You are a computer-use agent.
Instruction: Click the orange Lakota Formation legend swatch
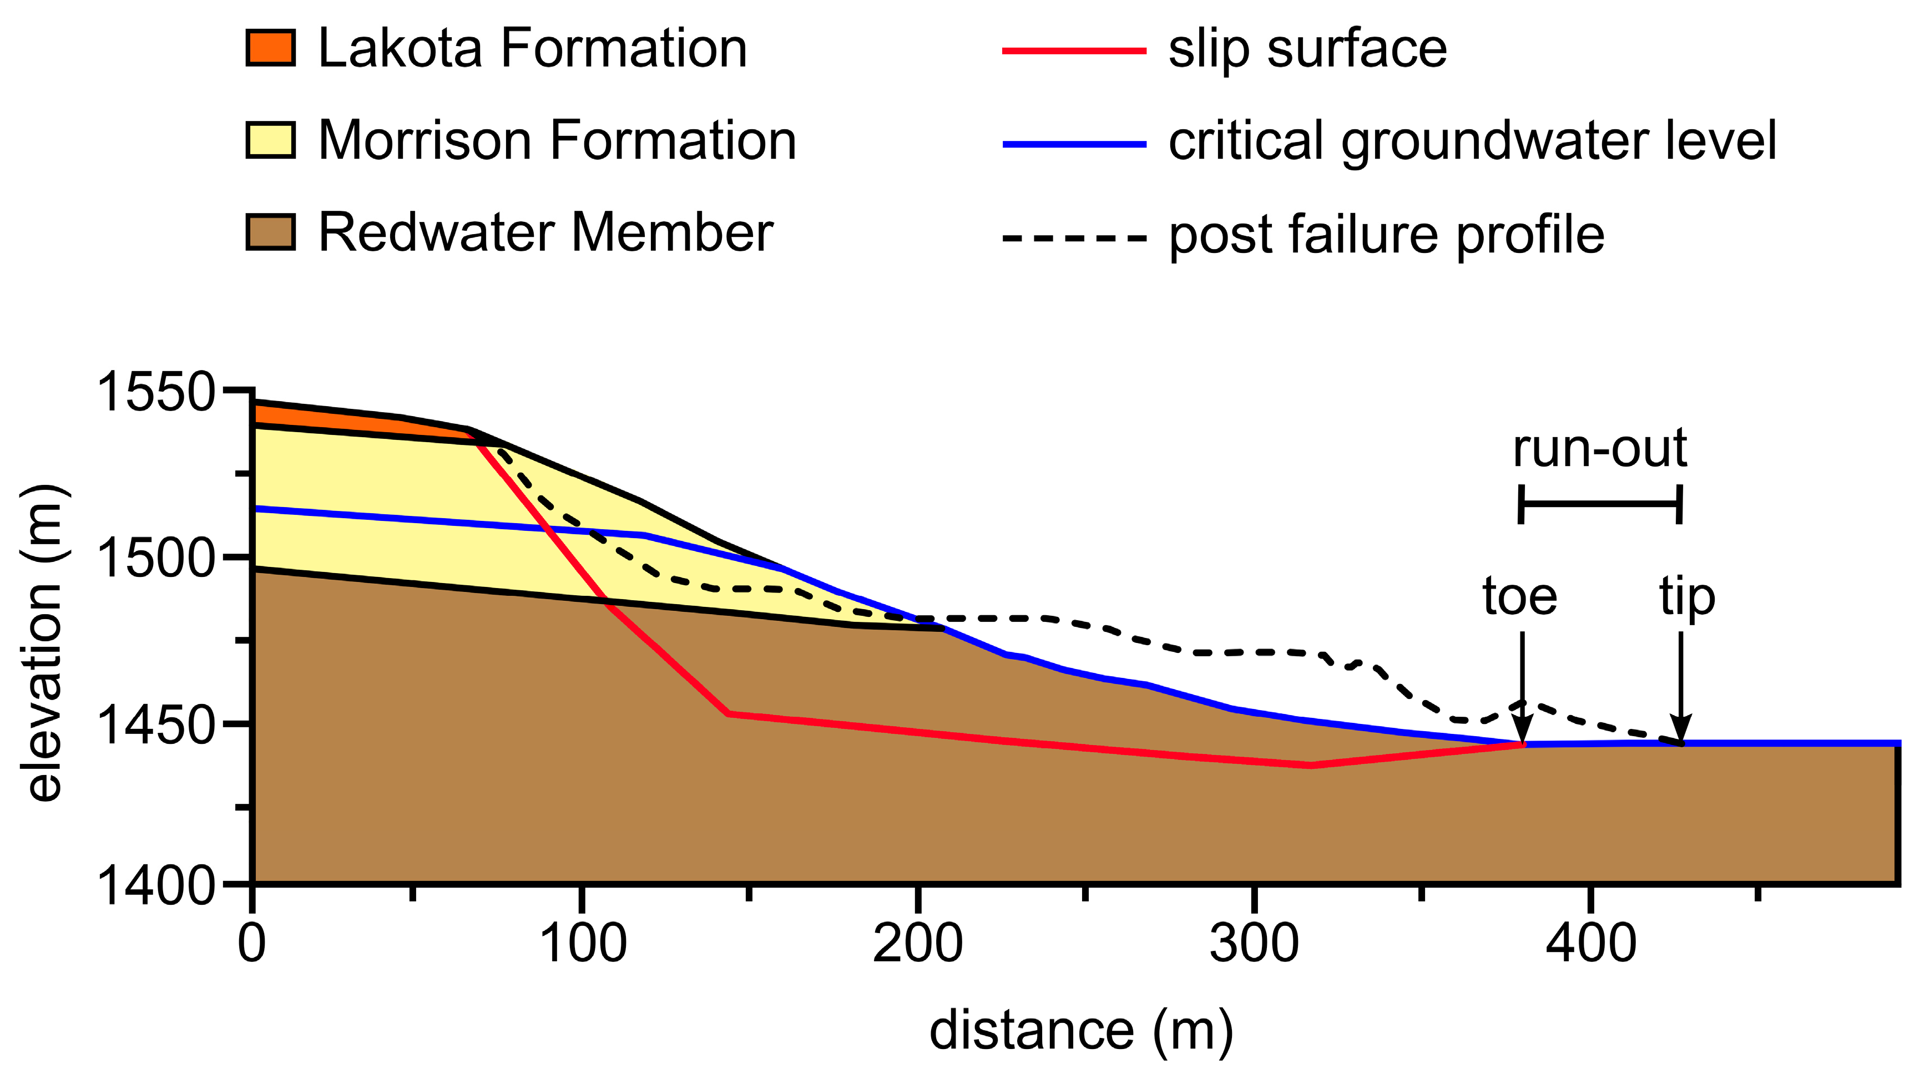tap(270, 48)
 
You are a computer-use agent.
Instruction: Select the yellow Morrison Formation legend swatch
tap(270, 140)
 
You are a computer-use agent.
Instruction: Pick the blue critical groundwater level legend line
tap(1074, 143)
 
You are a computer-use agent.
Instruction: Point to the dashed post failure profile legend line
tap(1074, 238)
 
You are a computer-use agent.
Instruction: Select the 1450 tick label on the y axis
tap(156, 725)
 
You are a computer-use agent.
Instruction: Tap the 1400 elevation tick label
tap(156, 886)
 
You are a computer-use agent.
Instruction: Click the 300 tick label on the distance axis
tap(1254, 944)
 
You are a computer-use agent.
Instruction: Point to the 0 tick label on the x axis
tap(252, 944)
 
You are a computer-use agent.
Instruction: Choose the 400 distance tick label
tap(1590, 944)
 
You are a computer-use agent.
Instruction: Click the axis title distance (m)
tap(1080, 1031)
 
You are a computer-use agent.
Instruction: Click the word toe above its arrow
tap(1520, 597)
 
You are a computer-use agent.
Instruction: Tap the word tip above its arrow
tap(1686, 598)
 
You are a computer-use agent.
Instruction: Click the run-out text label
tap(1600, 449)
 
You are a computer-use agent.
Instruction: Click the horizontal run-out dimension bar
tap(1600, 504)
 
